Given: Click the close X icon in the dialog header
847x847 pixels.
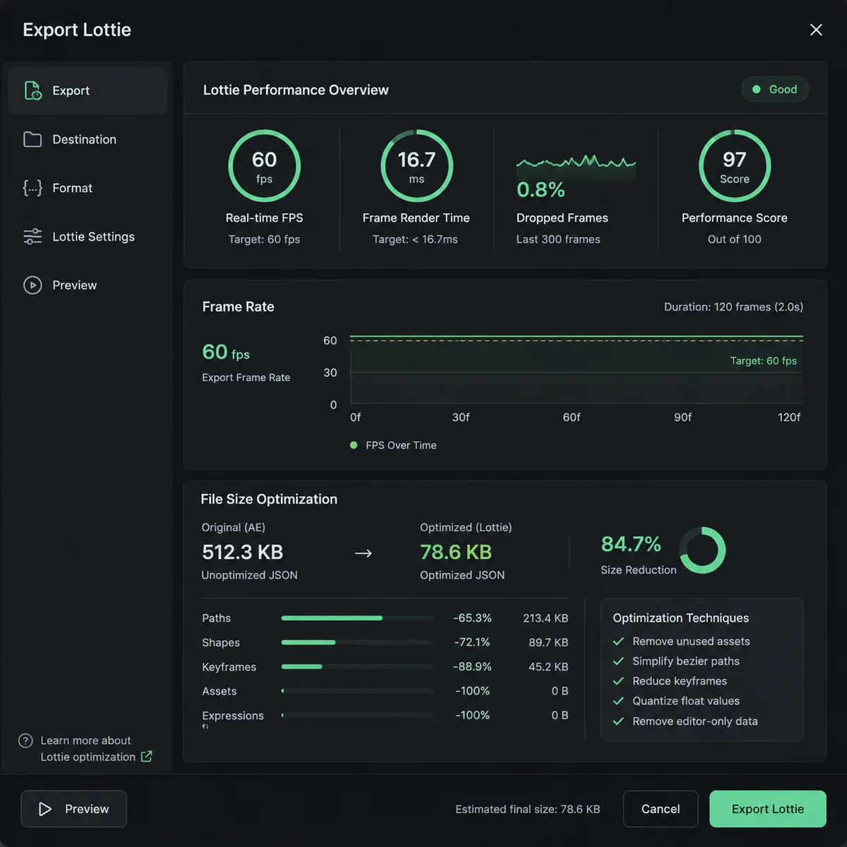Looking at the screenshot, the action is coord(816,30).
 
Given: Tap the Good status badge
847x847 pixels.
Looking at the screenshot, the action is coord(774,89).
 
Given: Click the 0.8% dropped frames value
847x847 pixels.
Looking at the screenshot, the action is coord(540,190).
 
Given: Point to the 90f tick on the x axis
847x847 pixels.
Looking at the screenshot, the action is coord(683,417).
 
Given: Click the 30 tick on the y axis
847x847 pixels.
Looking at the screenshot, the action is coord(330,373).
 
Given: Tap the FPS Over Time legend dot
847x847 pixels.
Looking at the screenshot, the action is coord(354,445).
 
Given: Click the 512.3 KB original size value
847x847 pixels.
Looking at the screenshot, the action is coord(242,552).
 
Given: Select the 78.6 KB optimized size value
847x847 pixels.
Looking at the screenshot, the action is coord(456,552).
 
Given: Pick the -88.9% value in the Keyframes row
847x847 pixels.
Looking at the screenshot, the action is coord(472,667).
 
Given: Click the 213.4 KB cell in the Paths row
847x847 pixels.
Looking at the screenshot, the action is coord(546,618).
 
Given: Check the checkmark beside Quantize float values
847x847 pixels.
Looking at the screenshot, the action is coord(618,701).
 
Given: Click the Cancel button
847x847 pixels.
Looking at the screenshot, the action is coord(660,809).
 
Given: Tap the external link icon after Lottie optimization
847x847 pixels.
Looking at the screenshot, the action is coord(146,757).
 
